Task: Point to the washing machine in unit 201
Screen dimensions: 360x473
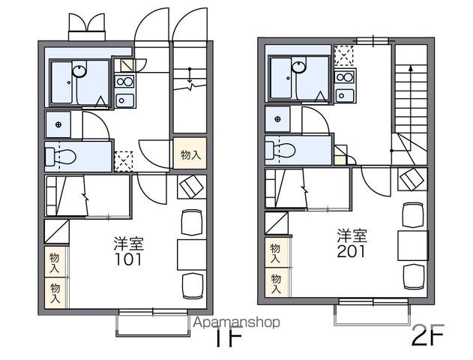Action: pos(278,119)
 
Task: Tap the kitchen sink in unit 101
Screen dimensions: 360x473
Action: pos(124,100)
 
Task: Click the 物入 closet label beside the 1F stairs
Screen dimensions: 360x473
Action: pos(190,155)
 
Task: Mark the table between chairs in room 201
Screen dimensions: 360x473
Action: pos(412,243)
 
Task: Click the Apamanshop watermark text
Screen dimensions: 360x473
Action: pos(237,322)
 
